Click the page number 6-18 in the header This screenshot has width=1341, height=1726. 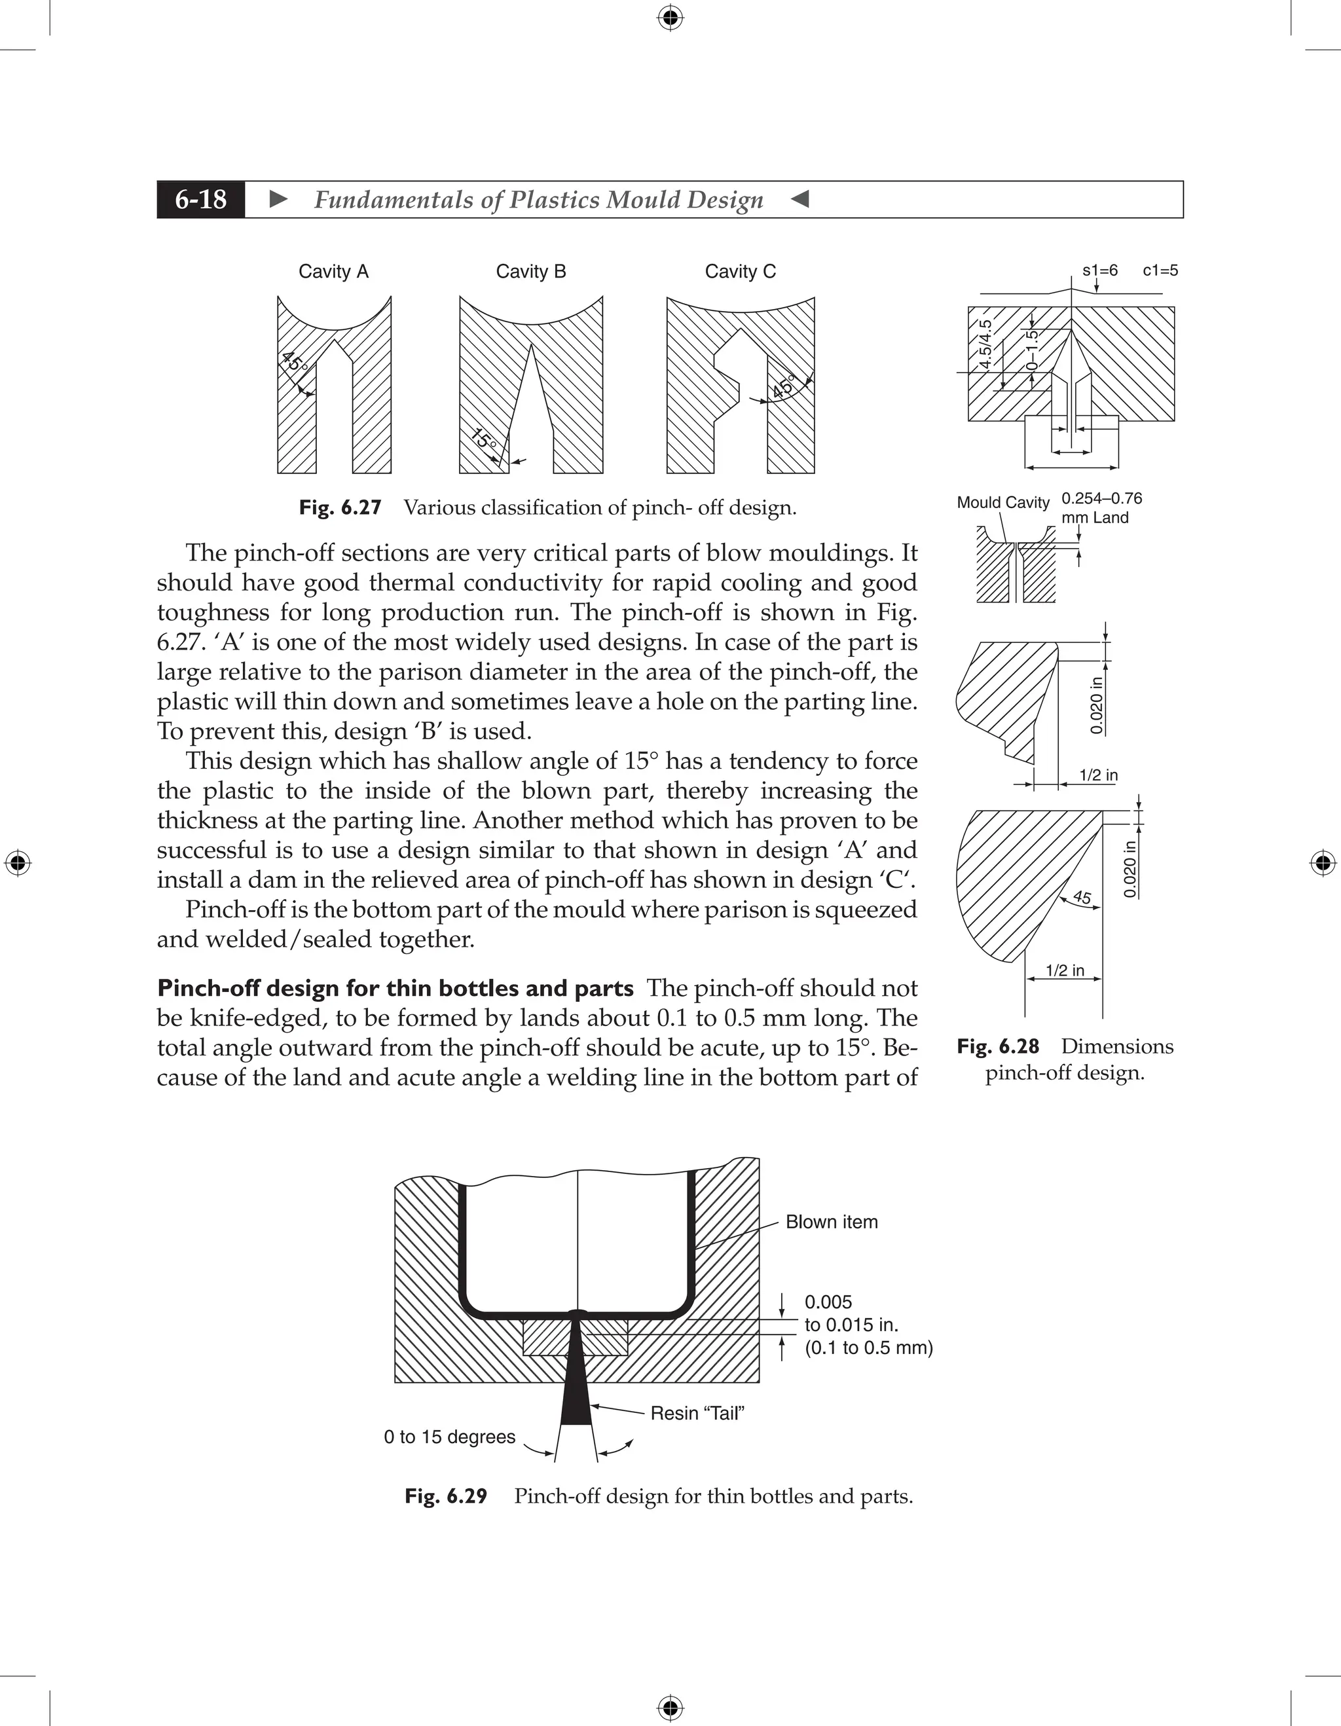click(x=201, y=200)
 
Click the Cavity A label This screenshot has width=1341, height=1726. click(x=333, y=272)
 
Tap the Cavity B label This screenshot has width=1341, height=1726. click(x=531, y=272)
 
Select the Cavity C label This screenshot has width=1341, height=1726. click(x=741, y=272)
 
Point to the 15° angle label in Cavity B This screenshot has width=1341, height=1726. click(x=484, y=439)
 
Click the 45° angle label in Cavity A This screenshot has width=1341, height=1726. click(x=294, y=363)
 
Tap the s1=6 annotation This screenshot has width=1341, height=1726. click(x=1100, y=270)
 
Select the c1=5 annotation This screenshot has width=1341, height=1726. click(x=1160, y=270)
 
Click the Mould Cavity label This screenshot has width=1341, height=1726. click(x=1002, y=503)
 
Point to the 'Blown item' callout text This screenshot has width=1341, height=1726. click(x=832, y=1222)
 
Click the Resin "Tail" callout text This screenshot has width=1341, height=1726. click(x=697, y=1413)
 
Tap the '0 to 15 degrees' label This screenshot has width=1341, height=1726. click(x=450, y=1437)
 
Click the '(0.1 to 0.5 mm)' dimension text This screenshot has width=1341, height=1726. click(x=868, y=1348)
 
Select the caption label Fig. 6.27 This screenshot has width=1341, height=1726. click(x=340, y=507)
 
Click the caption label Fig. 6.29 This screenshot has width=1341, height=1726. click(x=446, y=1496)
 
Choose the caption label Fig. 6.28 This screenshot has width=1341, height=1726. click(x=997, y=1046)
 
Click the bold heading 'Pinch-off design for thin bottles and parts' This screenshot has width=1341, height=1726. click(x=395, y=989)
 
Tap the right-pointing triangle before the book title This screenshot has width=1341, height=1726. click(x=278, y=200)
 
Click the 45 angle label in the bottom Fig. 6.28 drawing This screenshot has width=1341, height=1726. click(x=1082, y=898)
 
